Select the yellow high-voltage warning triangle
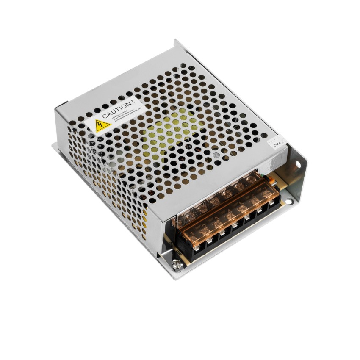(x=102, y=125)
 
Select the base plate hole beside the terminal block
(x=289, y=201)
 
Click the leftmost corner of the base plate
(x=53, y=145)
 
